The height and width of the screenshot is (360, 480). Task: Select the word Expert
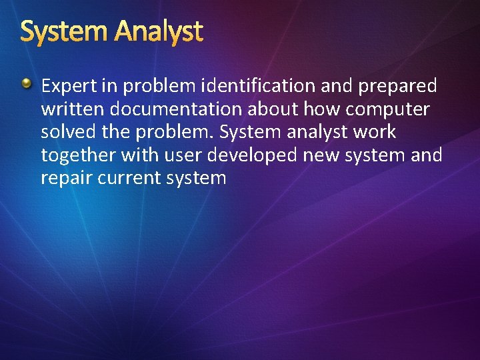[x=69, y=86]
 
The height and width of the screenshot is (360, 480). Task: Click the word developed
[x=254, y=155]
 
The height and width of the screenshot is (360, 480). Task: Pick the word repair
[x=64, y=179]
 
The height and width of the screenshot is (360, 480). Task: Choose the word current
[x=125, y=179]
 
